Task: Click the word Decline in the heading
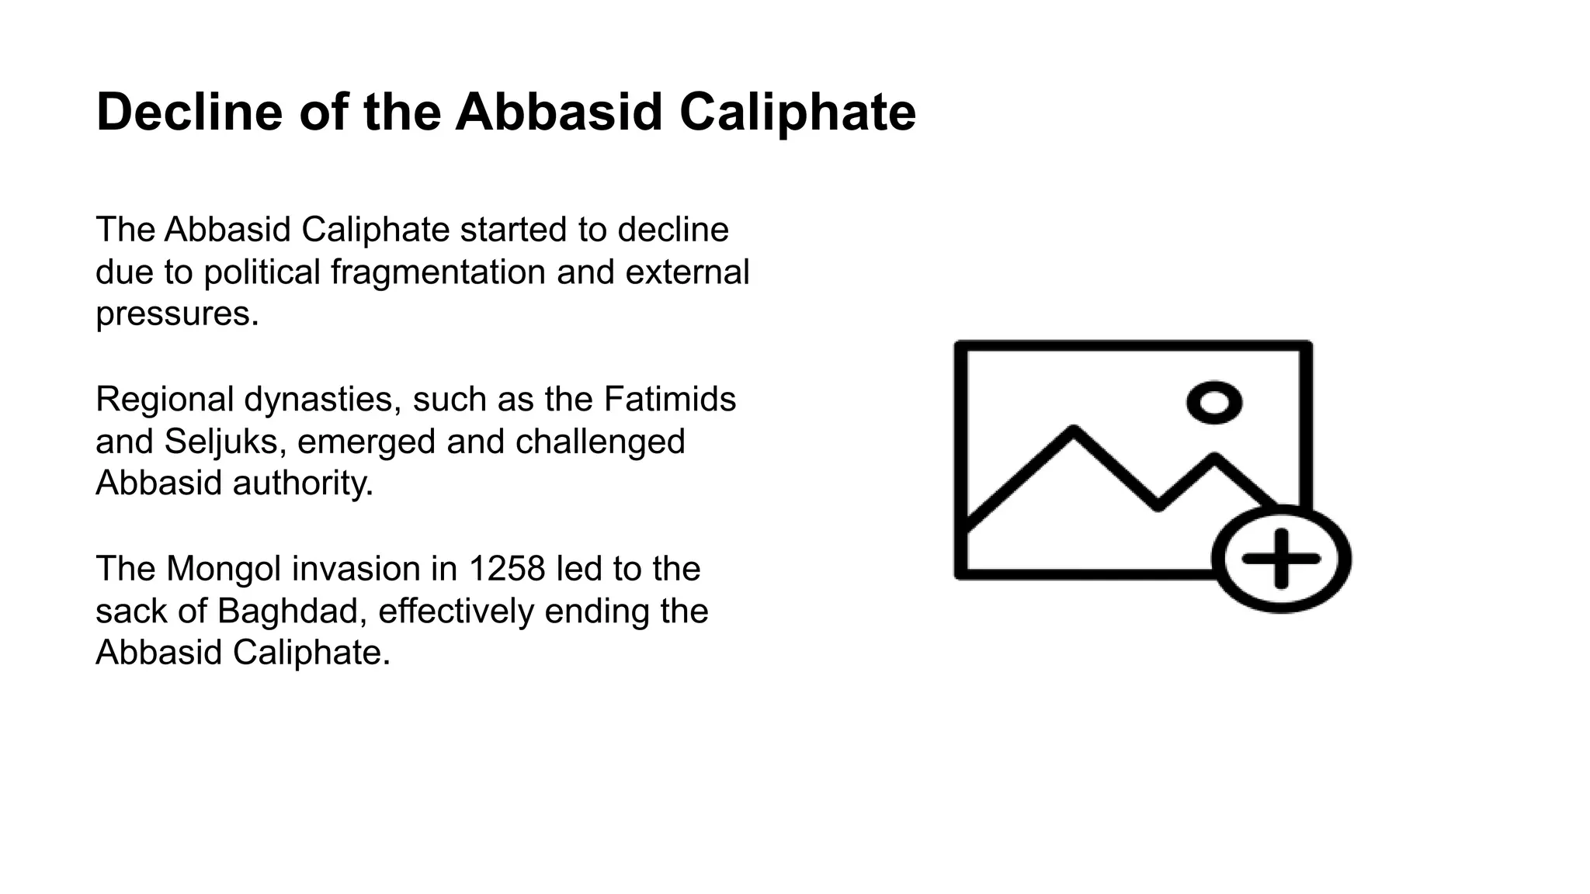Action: [189, 112]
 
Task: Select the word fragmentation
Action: [438, 272]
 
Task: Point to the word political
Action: [262, 272]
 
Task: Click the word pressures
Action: [177, 314]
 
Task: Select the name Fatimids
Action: [669, 399]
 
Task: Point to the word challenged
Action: [600, 442]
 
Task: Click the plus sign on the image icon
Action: [1281, 559]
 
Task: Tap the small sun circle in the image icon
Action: [1214, 403]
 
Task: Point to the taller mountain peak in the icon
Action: [1074, 431]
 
